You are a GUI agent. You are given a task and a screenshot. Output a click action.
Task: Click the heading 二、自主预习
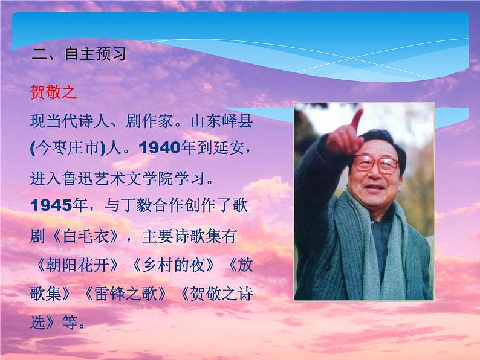79,55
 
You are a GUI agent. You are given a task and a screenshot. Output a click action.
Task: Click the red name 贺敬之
54,93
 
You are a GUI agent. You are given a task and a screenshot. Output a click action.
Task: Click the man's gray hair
387,136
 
